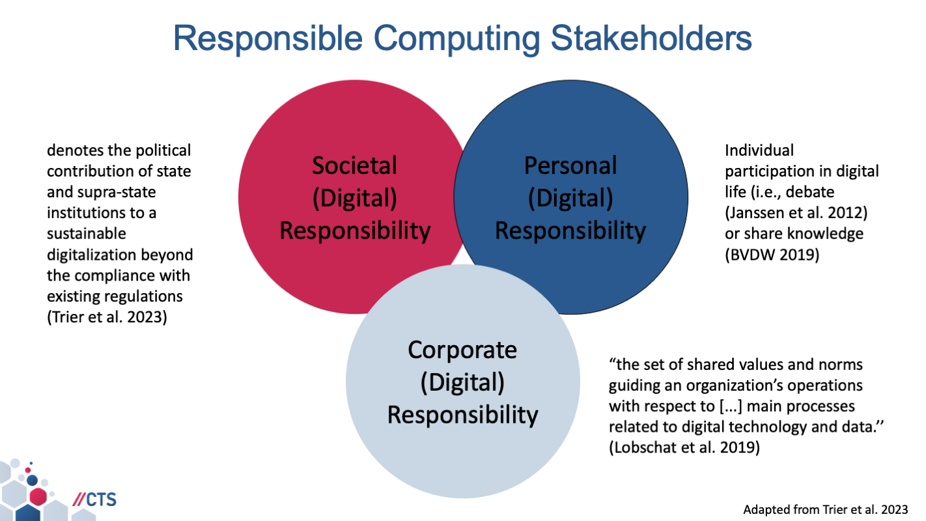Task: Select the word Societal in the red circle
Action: click(354, 165)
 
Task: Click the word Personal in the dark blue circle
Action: click(570, 165)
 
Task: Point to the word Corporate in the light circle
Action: click(462, 350)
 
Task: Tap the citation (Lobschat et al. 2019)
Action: click(684, 448)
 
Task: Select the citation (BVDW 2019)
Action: click(772, 255)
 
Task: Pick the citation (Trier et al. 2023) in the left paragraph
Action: click(107, 318)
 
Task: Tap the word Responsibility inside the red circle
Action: click(354, 231)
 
